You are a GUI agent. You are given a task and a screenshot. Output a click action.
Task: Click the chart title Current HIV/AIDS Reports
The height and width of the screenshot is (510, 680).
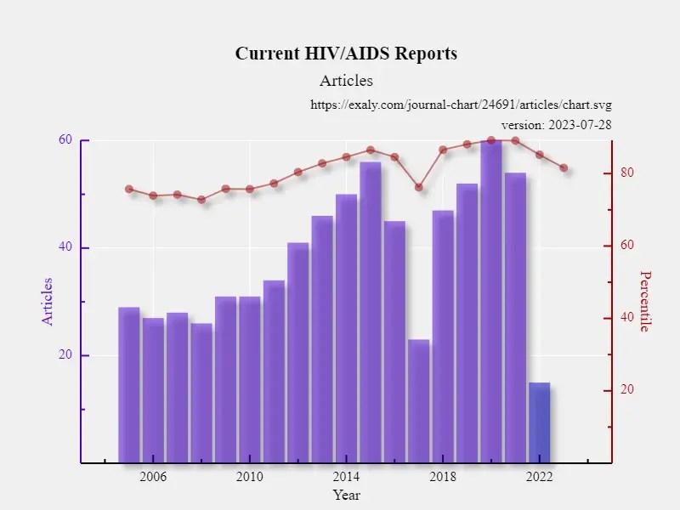[x=346, y=54]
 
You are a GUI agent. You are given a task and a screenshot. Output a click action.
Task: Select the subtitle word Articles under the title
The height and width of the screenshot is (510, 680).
[x=346, y=82]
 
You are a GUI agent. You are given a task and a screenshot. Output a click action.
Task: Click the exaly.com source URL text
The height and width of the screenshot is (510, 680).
[x=461, y=105]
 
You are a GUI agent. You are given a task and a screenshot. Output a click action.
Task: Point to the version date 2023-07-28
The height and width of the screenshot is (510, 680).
[x=557, y=125]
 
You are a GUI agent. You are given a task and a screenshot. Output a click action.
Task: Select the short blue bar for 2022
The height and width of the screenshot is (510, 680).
[x=540, y=423]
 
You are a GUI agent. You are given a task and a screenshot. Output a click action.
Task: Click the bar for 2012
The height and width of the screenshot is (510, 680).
[x=297, y=353]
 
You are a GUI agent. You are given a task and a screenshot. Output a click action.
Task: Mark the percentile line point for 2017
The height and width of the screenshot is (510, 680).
[x=419, y=187]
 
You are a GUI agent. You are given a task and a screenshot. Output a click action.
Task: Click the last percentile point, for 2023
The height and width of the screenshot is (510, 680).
[x=564, y=168]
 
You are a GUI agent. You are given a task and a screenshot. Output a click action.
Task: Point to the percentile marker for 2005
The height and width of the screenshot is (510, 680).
[x=129, y=190]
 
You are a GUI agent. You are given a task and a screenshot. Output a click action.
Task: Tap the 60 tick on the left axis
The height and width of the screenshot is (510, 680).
[x=65, y=140]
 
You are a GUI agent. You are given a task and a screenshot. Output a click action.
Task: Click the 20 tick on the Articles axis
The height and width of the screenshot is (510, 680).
[x=65, y=355]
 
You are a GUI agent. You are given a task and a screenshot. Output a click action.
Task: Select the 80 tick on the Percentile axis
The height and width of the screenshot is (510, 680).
[x=627, y=173]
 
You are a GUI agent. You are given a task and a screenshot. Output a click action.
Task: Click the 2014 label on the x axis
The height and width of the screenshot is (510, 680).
[x=346, y=476]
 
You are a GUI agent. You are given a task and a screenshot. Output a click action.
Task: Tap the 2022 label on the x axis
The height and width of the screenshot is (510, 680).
[x=540, y=476]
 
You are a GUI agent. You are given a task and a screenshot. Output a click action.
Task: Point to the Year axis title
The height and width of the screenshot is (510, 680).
[x=346, y=495]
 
